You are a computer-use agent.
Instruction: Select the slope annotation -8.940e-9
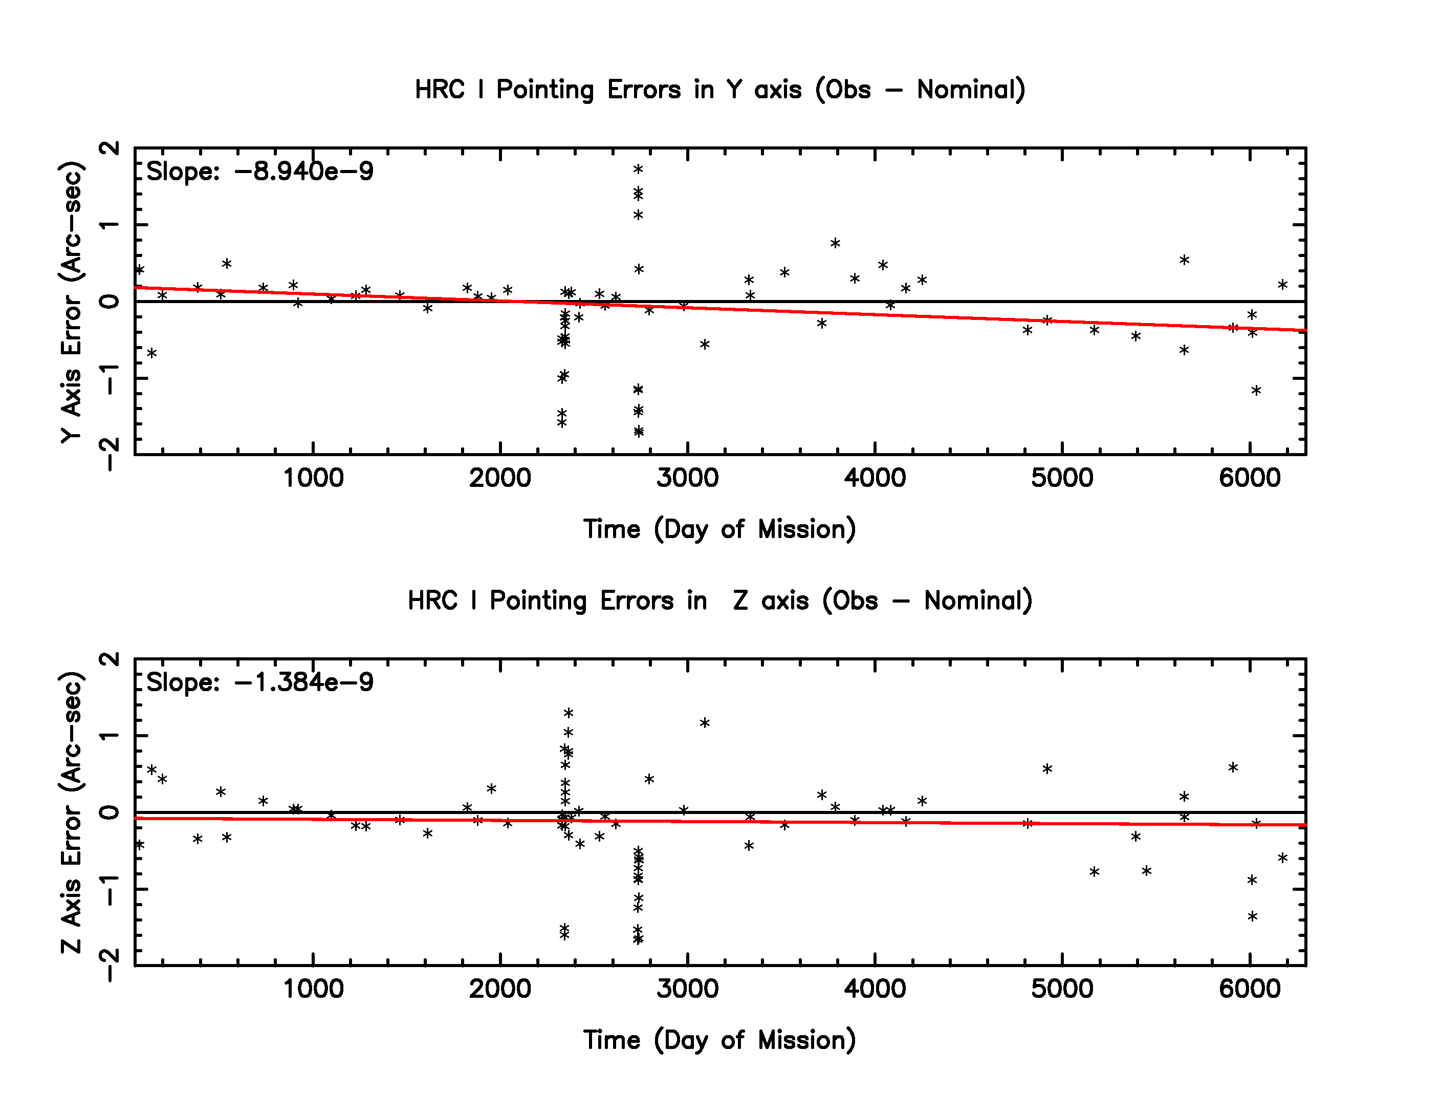259,172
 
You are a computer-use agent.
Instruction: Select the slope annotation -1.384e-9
259,682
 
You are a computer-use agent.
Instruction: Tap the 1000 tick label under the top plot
313,478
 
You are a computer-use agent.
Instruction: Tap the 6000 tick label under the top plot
1249,478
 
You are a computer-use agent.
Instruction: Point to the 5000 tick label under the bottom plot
1062,989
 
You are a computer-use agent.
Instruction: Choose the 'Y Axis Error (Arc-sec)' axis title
71,302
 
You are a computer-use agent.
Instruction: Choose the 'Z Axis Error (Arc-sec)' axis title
71,812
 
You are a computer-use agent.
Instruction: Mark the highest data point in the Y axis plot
638,169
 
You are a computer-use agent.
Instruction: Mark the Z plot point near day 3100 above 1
705,723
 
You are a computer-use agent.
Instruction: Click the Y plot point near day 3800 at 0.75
835,243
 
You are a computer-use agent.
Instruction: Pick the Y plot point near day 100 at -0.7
152,353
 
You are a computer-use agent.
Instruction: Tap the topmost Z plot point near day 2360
569,713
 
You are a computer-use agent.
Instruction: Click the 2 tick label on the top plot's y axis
110,148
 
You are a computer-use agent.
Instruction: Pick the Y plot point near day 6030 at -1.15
1256,390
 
